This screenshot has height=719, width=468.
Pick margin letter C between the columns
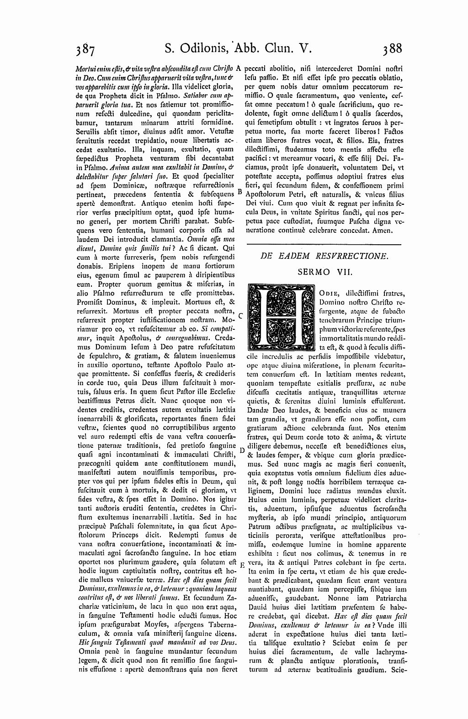[x=240, y=315]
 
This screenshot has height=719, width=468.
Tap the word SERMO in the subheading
[x=314, y=272]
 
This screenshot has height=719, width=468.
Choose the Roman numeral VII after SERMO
[x=342, y=272]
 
